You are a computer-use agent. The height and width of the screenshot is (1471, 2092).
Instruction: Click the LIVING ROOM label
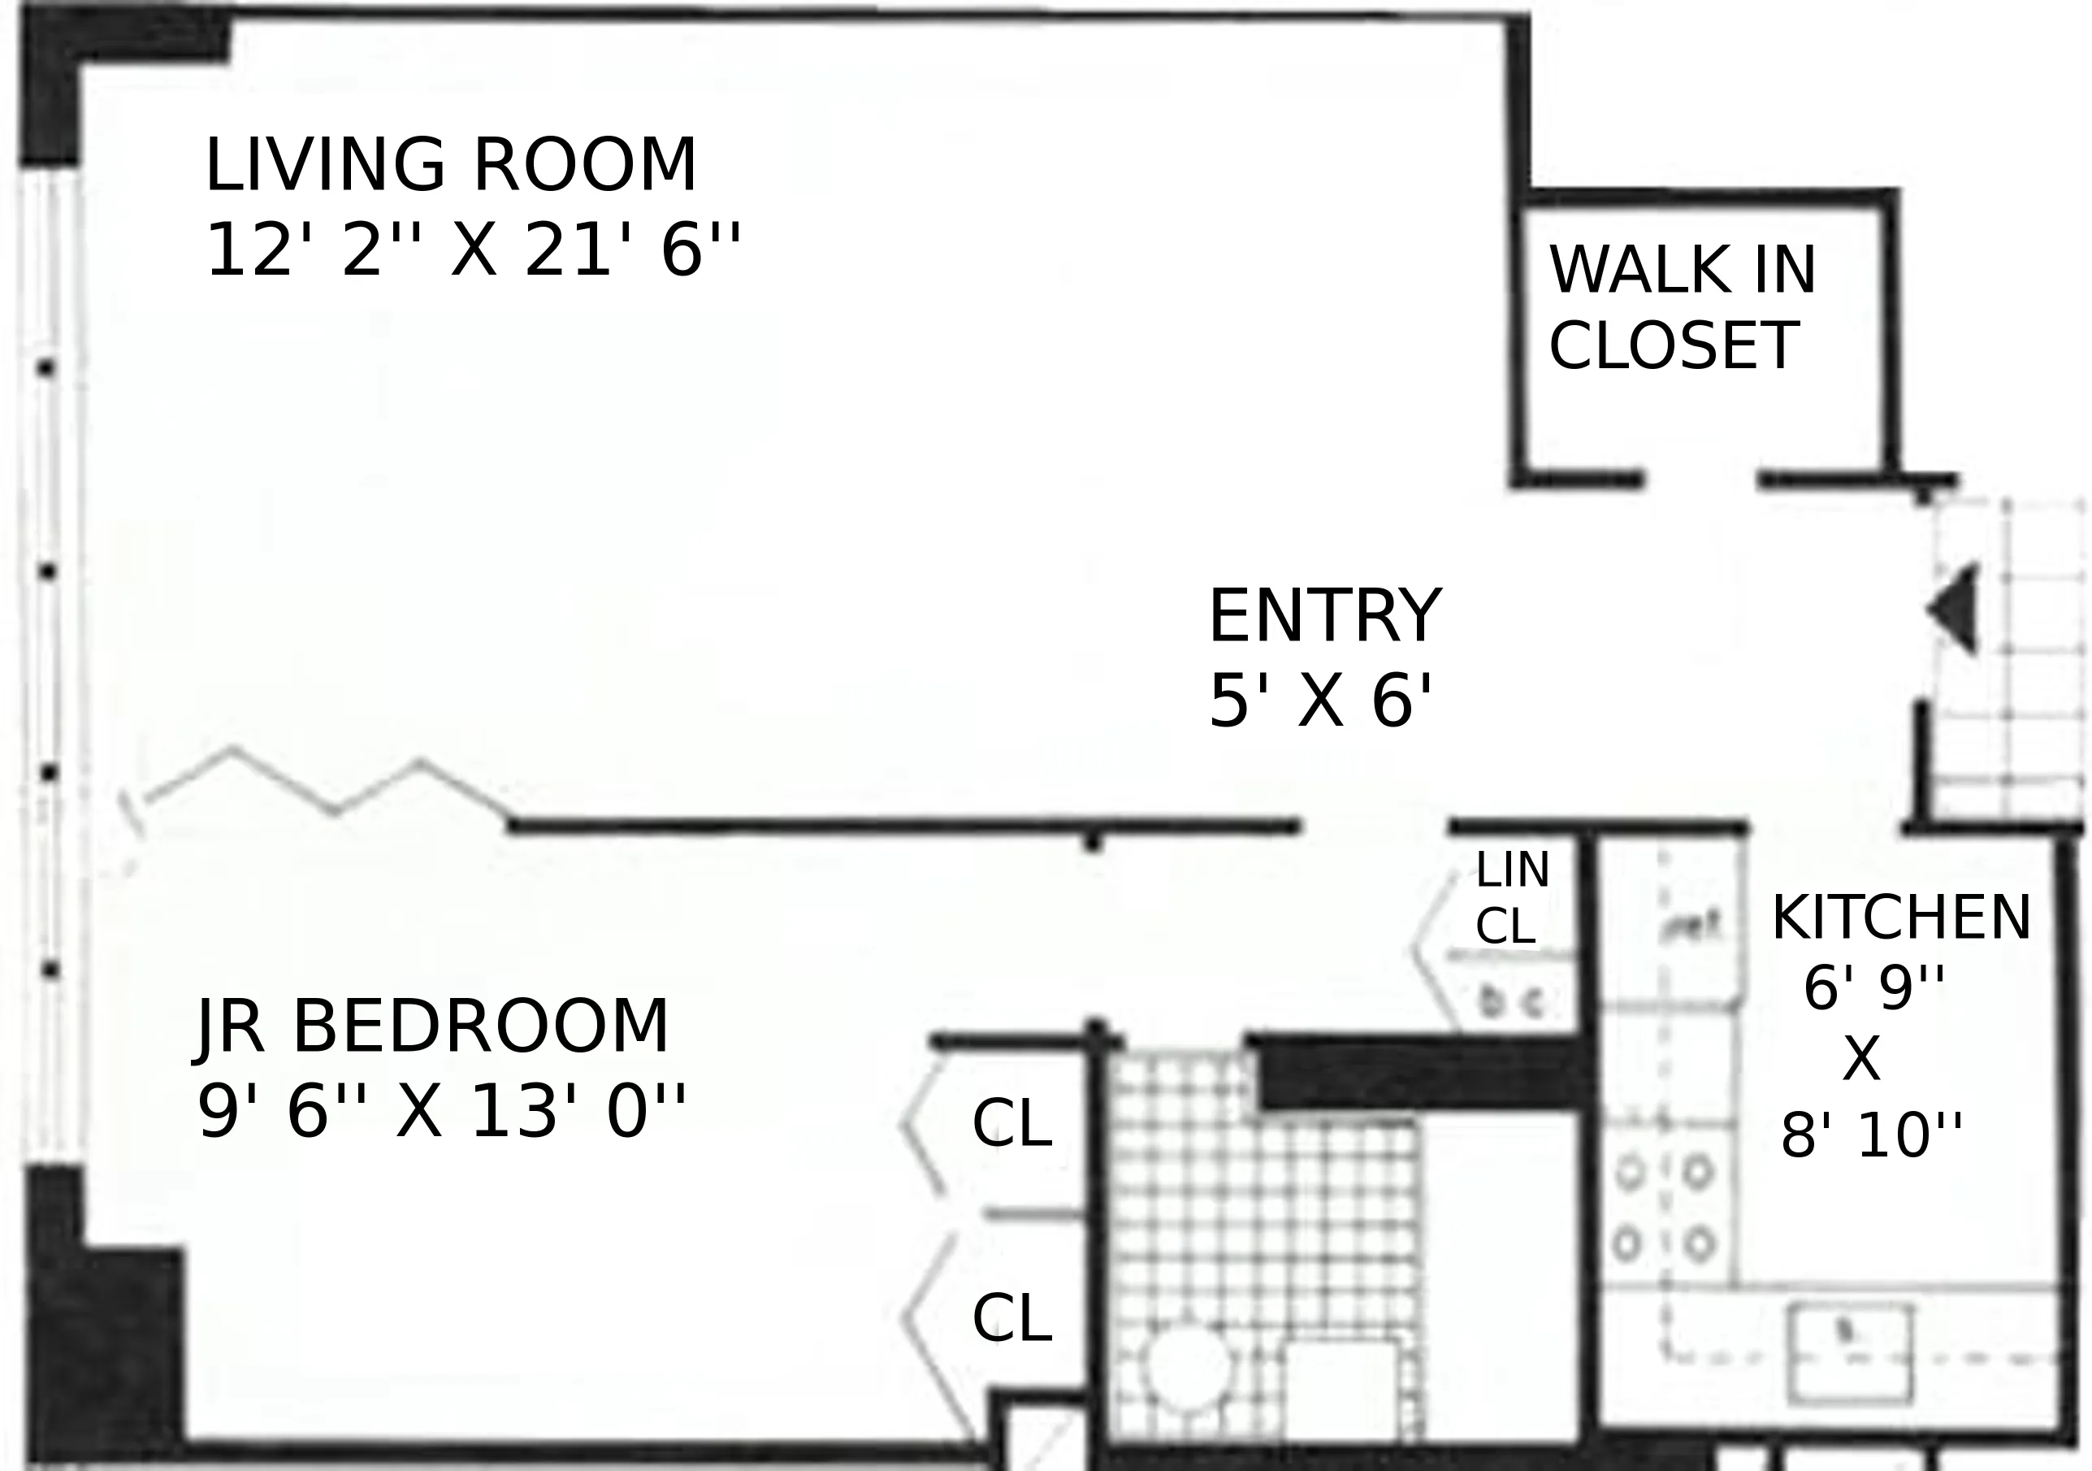pyautogui.click(x=450, y=166)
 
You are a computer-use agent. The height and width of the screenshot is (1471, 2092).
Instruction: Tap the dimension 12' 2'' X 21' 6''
pyautogui.click(x=472, y=250)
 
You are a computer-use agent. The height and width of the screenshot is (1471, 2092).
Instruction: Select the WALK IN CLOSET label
pyautogui.click(x=1681, y=308)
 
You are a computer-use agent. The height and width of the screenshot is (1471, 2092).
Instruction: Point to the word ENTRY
pyautogui.click(x=1324, y=617)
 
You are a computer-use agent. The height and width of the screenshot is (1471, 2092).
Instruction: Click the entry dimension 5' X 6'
pyautogui.click(x=1320, y=702)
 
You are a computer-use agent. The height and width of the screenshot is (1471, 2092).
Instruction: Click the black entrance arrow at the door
pyautogui.click(x=1956, y=609)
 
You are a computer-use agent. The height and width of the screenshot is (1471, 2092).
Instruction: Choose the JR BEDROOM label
pyautogui.click(x=434, y=1027)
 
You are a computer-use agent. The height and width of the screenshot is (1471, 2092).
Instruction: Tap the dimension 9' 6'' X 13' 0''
pyautogui.click(x=441, y=1113)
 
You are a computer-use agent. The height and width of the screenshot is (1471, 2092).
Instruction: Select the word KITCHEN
pyautogui.click(x=1899, y=918)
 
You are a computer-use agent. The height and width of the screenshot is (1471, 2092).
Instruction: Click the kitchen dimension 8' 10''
pyautogui.click(x=1870, y=1136)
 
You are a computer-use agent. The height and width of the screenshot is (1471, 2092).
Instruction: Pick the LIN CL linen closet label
pyautogui.click(x=1510, y=899)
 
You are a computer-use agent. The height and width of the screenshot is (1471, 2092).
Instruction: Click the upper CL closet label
pyautogui.click(x=1011, y=1124)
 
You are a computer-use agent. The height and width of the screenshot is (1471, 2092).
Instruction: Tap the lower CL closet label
pyautogui.click(x=1011, y=1319)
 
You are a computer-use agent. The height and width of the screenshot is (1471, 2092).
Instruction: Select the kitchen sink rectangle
pyautogui.click(x=1849, y=1352)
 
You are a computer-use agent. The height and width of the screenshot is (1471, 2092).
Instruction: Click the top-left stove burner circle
pyautogui.click(x=1629, y=1173)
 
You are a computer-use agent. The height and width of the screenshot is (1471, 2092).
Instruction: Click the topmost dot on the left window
pyautogui.click(x=46, y=369)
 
